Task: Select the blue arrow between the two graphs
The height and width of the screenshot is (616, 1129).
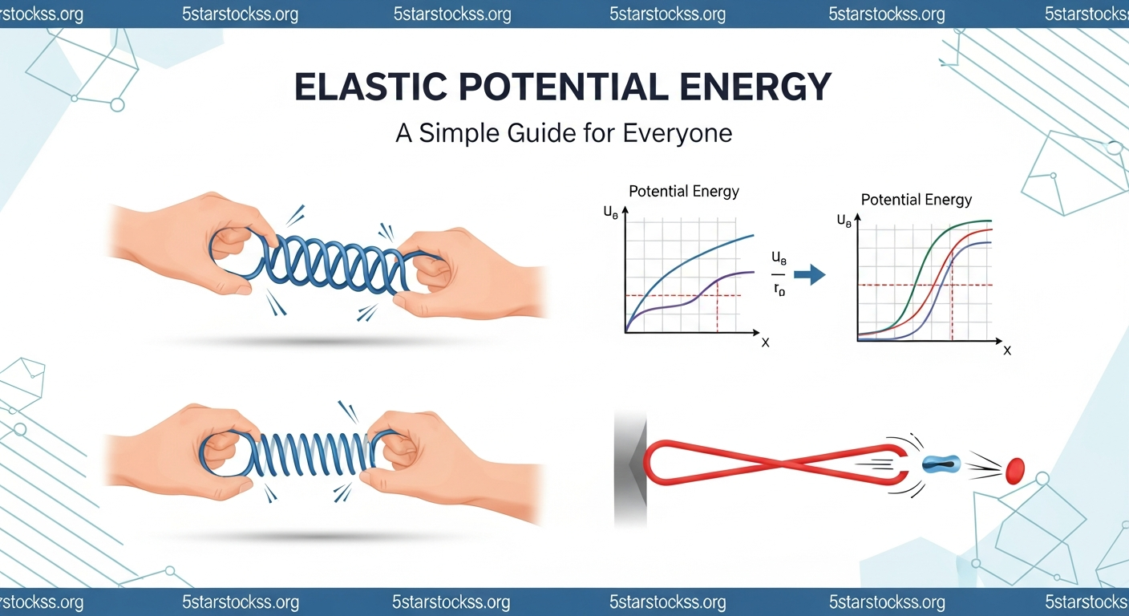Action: click(813, 275)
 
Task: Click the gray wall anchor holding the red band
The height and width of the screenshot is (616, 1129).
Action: click(629, 469)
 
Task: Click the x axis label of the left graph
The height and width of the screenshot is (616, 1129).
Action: click(765, 342)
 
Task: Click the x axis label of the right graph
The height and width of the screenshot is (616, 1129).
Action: click(1007, 351)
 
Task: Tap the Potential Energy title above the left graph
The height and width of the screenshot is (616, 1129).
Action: click(684, 191)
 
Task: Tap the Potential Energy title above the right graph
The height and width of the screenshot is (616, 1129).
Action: click(916, 200)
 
